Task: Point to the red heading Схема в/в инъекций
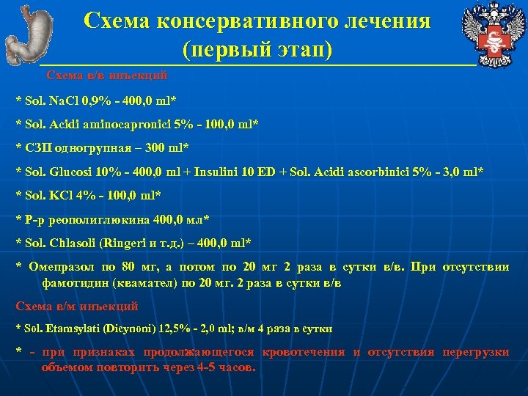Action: click(106, 75)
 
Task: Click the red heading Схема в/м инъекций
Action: click(76, 306)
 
